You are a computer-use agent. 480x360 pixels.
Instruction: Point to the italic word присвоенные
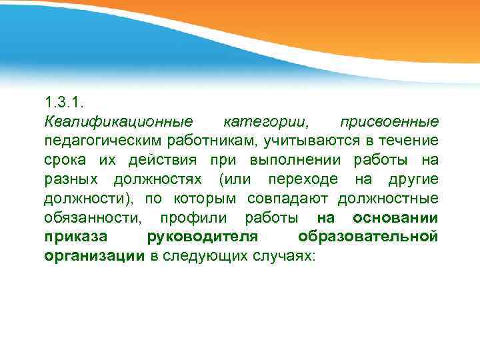(x=389, y=122)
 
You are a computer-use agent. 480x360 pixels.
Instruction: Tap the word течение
(x=409, y=141)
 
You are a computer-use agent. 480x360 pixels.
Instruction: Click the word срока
(x=65, y=161)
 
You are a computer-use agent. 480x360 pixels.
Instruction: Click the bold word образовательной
(x=368, y=238)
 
